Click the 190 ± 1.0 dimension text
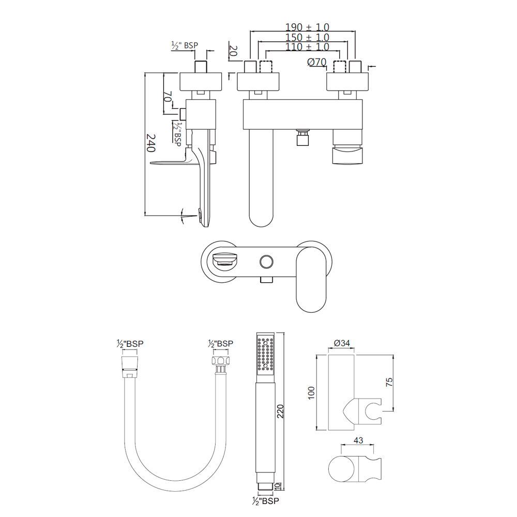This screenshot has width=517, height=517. pos(308,27)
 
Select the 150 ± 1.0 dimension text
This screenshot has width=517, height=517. pos(308,37)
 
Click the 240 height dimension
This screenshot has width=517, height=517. pos(150,143)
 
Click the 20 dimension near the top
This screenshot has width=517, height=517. pos(233,51)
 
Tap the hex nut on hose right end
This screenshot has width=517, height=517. pos(220,361)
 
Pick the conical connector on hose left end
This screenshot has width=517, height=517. pos(129,361)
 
